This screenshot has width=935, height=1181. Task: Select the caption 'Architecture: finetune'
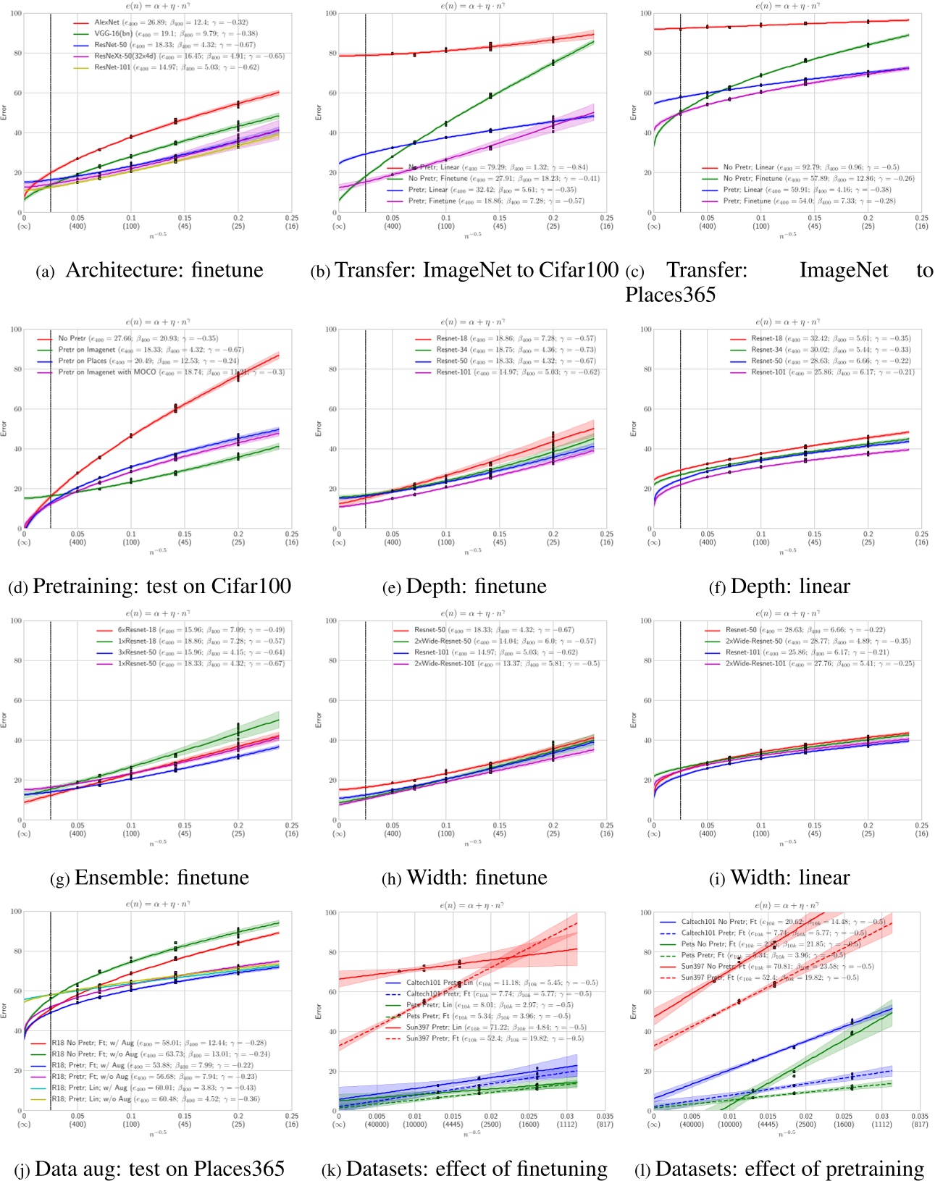pos(164,270)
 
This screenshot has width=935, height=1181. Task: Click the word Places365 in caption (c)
pos(671,295)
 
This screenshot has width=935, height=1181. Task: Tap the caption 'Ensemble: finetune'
pos(162,878)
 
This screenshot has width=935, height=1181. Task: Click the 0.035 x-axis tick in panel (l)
pos(919,1117)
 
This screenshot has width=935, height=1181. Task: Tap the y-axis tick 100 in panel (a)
pos(14,14)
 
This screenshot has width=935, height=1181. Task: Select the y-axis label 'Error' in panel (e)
pos(318,429)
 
